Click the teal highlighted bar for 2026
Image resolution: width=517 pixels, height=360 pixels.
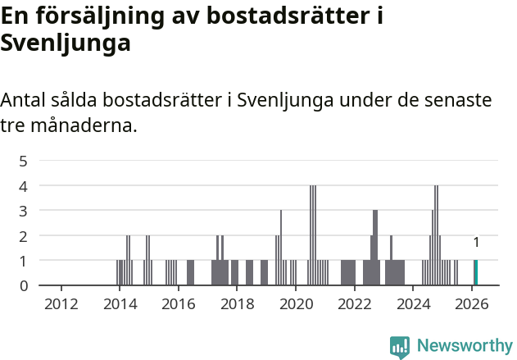pyautogui.click(x=475, y=272)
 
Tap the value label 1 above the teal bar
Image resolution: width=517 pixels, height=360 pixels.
pyautogui.click(x=476, y=243)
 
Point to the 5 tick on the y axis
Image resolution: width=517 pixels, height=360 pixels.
pyautogui.click(x=24, y=161)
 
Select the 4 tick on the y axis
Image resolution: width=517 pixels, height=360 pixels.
pyautogui.click(x=24, y=186)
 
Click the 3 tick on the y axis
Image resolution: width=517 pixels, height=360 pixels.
pyautogui.click(x=24, y=211)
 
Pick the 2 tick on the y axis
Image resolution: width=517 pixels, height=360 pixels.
pyautogui.click(x=24, y=236)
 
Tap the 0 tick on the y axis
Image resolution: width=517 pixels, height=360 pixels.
pyautogui.click(x=24, y=285)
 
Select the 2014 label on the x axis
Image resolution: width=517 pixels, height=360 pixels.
pyautogui.click(x=120, y=304)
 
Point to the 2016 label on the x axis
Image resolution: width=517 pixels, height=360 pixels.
pyautogui.click(x=178, y=304)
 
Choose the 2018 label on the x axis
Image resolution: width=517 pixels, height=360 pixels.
pyautogui.click(x=237, y=304)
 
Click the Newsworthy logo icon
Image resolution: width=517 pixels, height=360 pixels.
pyautogui.click(x=400, y=346)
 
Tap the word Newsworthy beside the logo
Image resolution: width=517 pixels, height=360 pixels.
pyautogui.click(x=464, y=346)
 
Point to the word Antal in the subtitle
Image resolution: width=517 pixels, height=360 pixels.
pyautogui.click(x=25, y=101)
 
